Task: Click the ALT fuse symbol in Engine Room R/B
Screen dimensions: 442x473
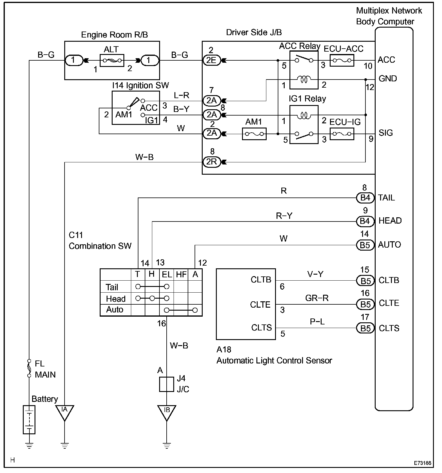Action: click(x=112, y=60)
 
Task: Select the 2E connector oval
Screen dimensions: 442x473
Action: click(x=211, y=60)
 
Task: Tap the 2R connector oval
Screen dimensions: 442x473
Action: click(x=211, y=162)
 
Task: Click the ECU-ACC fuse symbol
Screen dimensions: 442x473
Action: click(x=342, y=60)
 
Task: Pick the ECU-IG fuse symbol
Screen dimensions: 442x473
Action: click(x=342, y=134)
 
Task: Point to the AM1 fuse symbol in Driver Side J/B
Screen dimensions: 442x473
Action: click(x=254, y=134)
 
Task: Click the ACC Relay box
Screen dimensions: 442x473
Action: click(x=304, y=70)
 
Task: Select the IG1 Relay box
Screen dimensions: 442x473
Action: click(x=304, y=125)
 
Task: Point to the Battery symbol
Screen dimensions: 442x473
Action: click(x=29, y=420)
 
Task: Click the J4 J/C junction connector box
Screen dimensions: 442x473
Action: click(x=166, y=384)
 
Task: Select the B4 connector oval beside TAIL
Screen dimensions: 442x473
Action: click(x=365, y=198)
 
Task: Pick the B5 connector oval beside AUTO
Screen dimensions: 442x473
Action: click(x=365, y=245)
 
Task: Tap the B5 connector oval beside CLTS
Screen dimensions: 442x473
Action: click(x=365, y=328)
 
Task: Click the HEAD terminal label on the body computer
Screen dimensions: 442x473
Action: click(x=390, y=221)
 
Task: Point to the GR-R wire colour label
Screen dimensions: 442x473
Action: click(x=317, y=298)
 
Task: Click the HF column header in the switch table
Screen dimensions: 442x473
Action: click(x=181, y=275)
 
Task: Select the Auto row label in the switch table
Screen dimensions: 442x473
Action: click(x=115, y=309)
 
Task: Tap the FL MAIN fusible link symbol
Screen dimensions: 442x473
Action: click(x=29, y=368)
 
